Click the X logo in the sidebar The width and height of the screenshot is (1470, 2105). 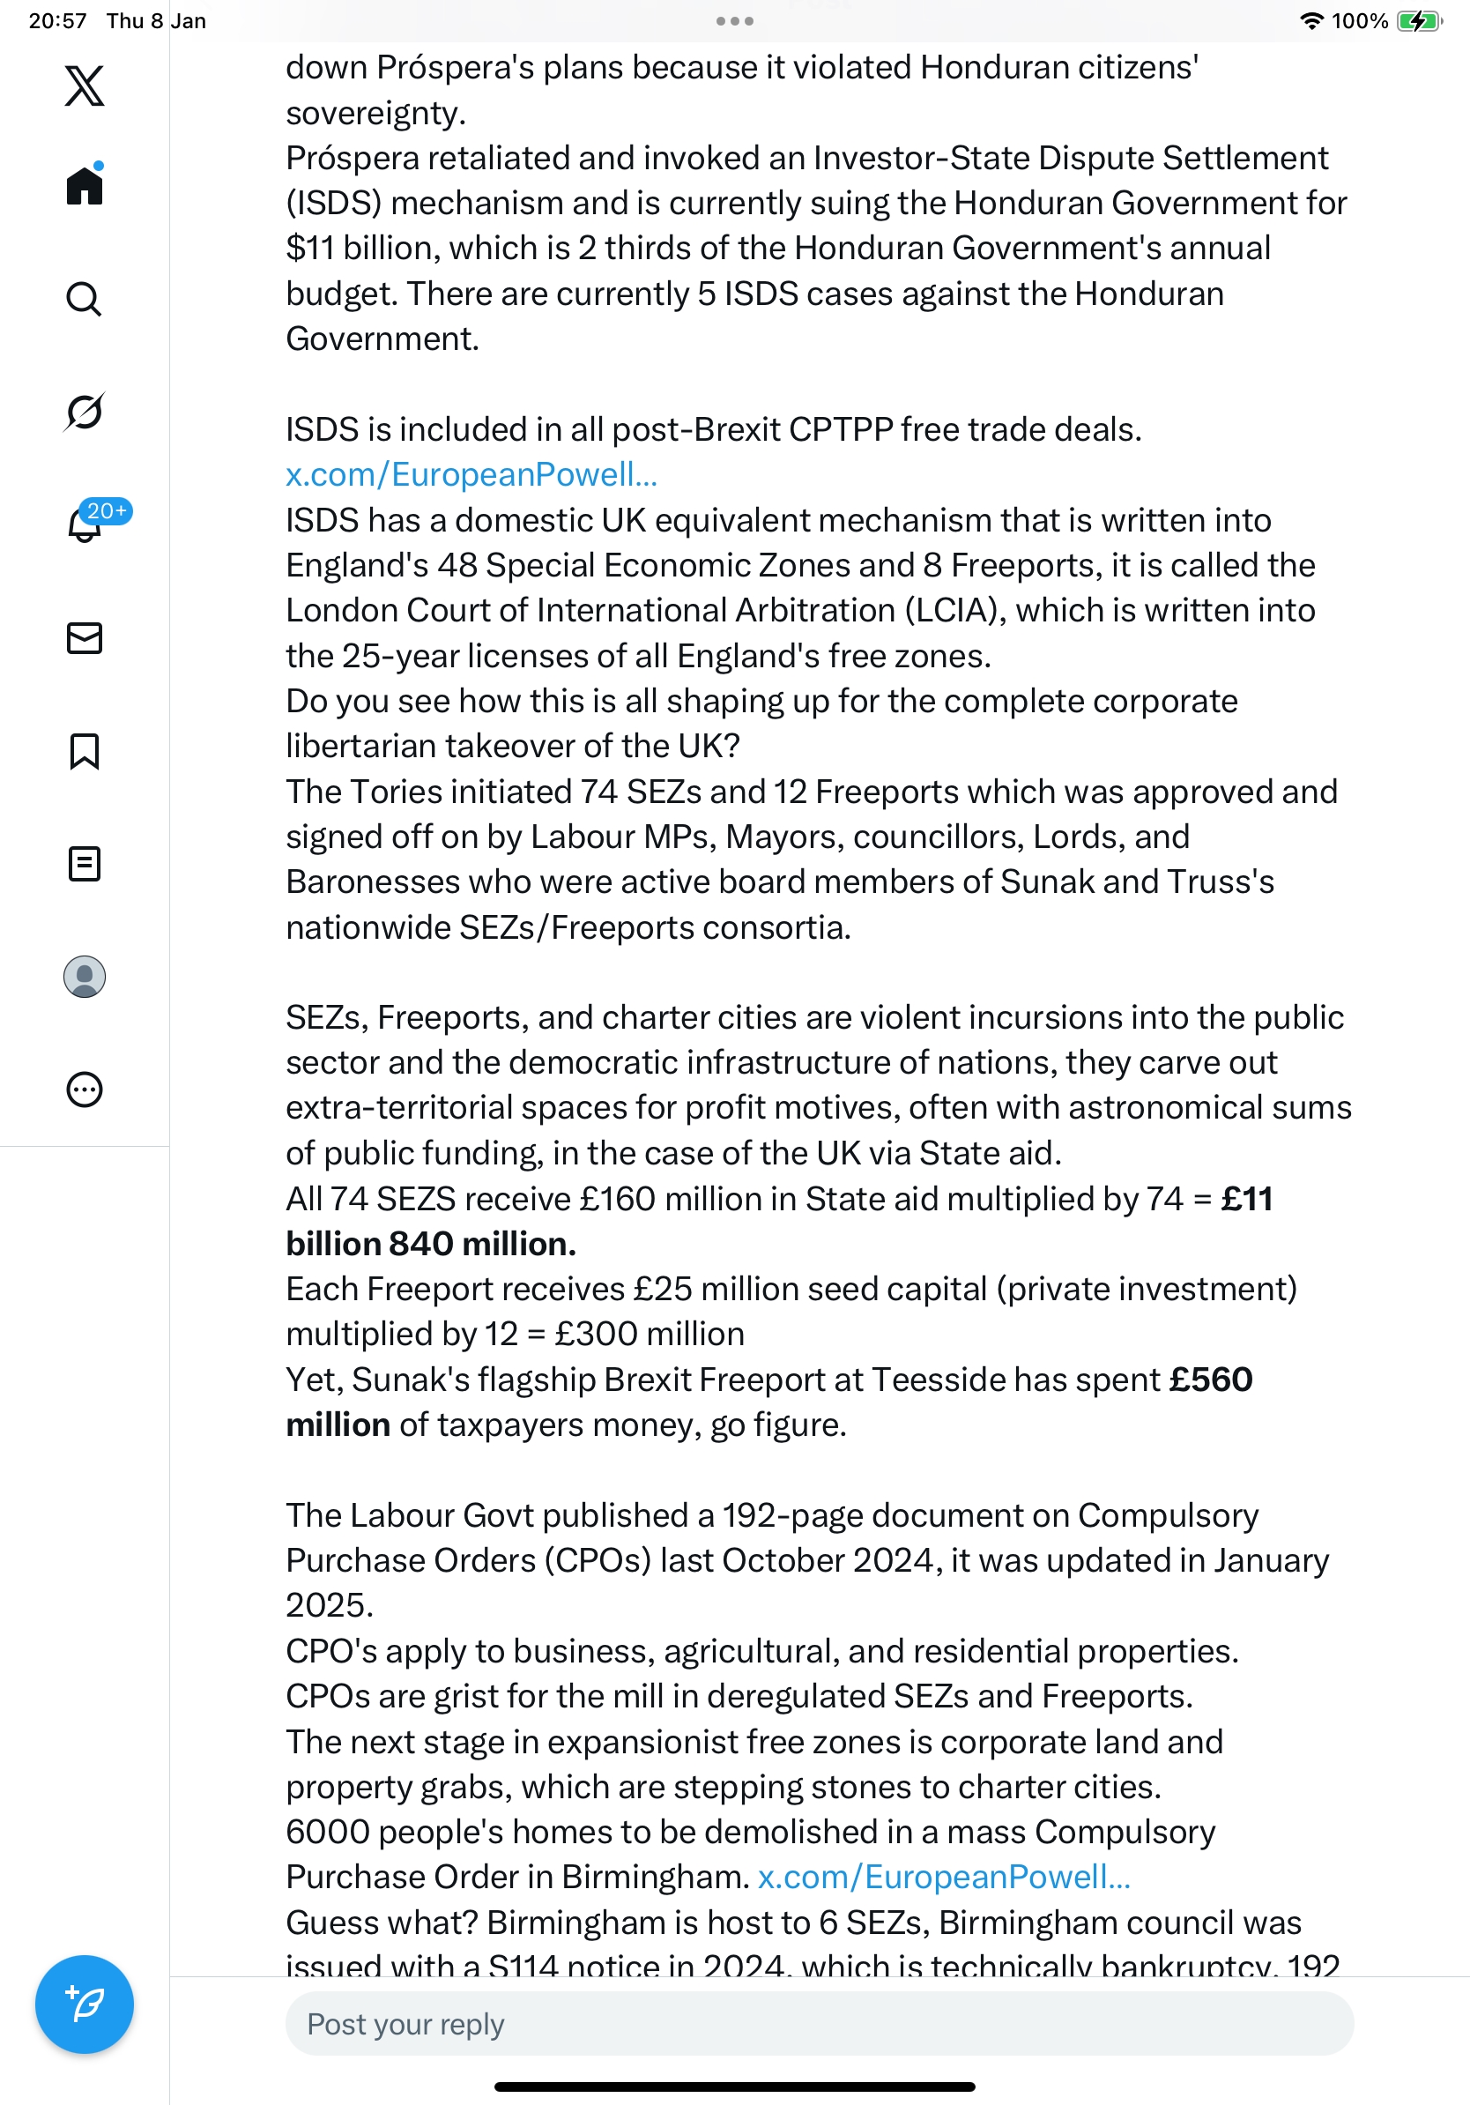pos(85,86)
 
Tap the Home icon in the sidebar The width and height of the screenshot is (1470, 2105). pos(85,186)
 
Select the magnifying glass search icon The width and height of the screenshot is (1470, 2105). pos(85,299)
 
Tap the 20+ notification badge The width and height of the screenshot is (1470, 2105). pos(107,510)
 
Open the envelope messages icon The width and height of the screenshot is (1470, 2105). pos(85,638)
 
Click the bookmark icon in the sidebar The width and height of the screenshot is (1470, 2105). pos(85,751)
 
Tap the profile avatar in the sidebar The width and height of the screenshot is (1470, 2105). pos(85,977)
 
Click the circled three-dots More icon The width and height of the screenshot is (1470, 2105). pos(85,1090)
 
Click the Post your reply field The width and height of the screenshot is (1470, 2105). pos(819,2023)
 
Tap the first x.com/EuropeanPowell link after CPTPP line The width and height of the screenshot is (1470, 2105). pos(471,475)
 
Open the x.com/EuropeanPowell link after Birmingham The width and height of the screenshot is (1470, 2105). pos(944,1877)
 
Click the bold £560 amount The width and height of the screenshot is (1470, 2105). pos(1211,1380)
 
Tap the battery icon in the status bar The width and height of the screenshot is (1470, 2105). pos(1419,21)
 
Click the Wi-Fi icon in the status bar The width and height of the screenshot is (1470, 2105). pos(1312,21)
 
